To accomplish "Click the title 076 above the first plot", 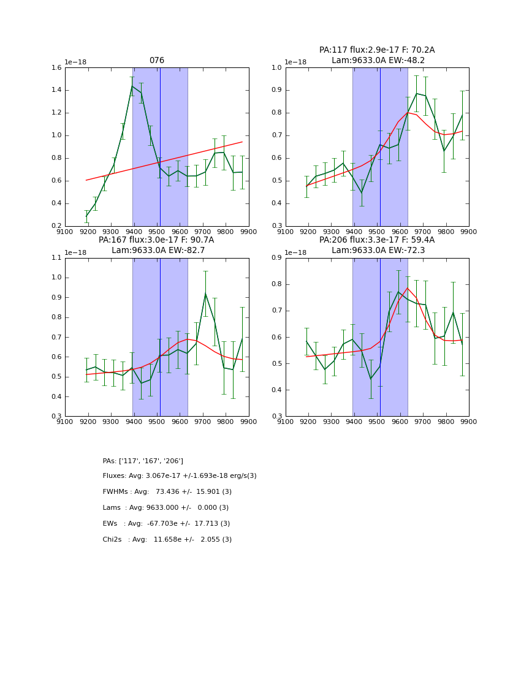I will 157,61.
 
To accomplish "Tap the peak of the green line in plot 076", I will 132,86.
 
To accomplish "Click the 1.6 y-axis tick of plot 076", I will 55,68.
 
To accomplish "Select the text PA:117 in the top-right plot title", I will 332,50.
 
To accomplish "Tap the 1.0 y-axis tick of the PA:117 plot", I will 276,68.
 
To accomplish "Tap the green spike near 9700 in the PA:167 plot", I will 205,293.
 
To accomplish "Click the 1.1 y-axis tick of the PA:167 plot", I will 55,258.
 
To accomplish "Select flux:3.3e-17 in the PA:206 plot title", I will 373,240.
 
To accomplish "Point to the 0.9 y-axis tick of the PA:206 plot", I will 276,258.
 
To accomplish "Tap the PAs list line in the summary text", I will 143,461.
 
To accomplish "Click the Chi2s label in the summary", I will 114,540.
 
